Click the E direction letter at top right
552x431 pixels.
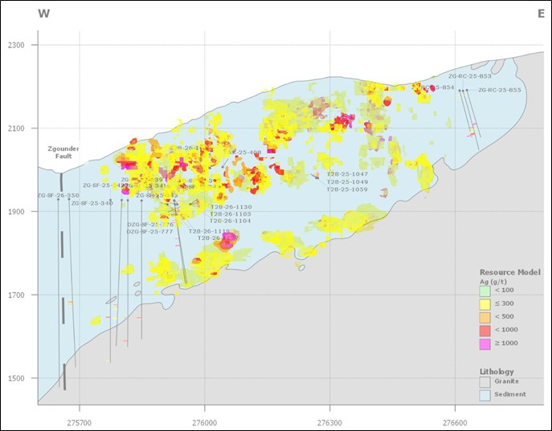[x=541, y=14]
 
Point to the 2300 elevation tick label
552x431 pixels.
[x=18, y=45]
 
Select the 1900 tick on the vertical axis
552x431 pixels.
[x=18, y=212]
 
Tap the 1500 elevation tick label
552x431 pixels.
[x=18, y=378]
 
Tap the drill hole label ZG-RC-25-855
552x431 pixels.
[x=499, y=90]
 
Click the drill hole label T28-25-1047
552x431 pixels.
[x=347, y=174]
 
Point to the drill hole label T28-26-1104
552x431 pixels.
[x=231, y=221]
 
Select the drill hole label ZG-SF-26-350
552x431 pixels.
[x=59, y=196]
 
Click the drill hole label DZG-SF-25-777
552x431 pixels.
[x=149, y=232]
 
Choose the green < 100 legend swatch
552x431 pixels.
[x=485, y=291]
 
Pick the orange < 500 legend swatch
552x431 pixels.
[x=485, y=317]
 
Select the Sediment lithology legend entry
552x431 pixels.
[x=513, y=394]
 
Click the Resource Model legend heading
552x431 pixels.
[x=509, y=272]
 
